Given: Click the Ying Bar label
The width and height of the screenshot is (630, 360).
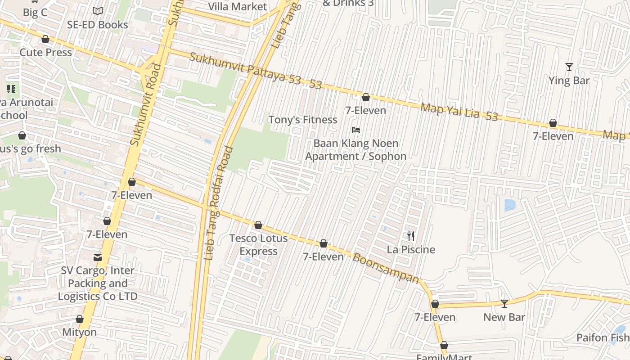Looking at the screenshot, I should tap(569, 81).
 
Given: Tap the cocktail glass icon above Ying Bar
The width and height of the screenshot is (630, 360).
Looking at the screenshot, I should tap(569, 67).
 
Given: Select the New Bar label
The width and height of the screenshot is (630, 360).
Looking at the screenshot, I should tap(504, 317).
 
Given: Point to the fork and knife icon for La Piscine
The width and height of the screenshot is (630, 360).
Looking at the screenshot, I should tap(411, 236).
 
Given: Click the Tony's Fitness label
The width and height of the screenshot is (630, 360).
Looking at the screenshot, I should tap(302, 120).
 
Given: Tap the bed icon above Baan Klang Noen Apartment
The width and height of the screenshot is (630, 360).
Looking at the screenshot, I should tap(356, 130).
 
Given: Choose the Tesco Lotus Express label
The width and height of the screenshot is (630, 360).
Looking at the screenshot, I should tap(258, 244).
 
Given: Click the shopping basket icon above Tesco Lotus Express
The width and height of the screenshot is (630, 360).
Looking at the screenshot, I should tap(258, 225).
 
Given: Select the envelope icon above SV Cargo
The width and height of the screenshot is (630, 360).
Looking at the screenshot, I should tap(97, 257).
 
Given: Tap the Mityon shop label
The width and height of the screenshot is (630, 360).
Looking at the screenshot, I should tap(79, 332).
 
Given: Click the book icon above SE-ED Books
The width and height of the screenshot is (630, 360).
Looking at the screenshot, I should tap(98, 11).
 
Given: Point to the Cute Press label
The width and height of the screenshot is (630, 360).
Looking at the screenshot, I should tap(45, 52).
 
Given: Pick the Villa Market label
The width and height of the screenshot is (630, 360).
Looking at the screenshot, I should tap(237, 7).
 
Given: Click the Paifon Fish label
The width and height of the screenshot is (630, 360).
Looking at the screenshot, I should tap(603, 337).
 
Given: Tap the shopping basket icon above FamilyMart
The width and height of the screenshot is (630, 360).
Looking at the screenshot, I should tap(444, 346).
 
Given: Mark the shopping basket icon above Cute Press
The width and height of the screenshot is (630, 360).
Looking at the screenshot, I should tap(45, 40).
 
